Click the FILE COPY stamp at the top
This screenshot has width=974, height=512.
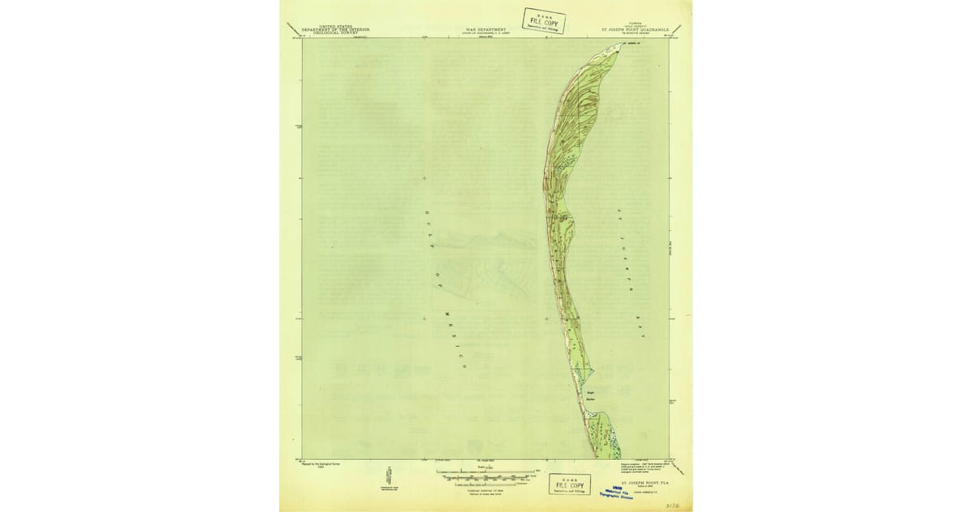[x=544, y=20]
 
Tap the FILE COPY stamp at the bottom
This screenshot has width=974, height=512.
[x=570, y=485]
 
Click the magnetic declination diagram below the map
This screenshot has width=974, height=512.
[x=389, y=475]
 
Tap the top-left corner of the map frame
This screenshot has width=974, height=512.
[x=303, y=38]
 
